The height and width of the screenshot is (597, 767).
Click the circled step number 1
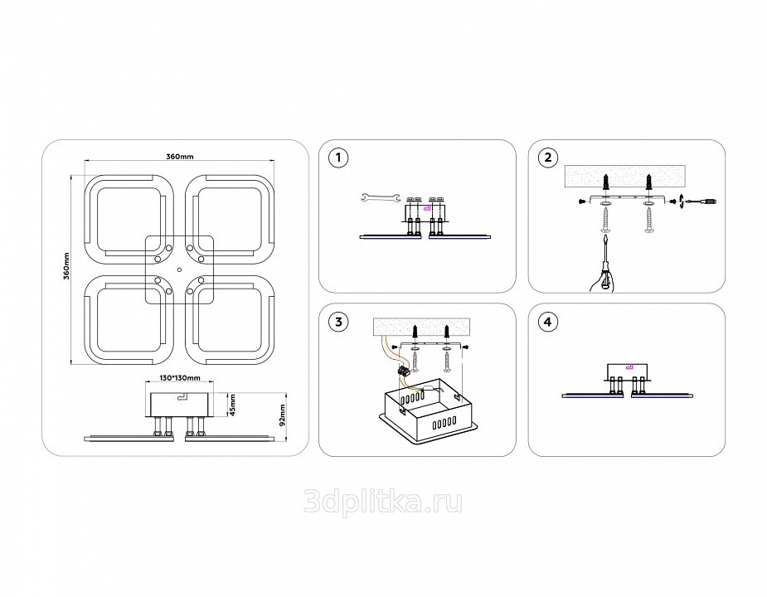(337, 158)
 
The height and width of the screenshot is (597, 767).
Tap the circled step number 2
(546, 158)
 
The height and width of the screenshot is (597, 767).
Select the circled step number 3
(337, 322)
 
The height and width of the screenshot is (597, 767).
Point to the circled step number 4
(546, 322)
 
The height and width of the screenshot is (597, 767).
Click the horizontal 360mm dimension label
(179, 157)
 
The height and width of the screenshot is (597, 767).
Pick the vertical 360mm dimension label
(66, 267)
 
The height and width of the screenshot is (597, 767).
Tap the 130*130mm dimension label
(179, 377)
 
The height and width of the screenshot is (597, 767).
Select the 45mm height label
(233, 405)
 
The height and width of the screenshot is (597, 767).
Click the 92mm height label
(282, 414)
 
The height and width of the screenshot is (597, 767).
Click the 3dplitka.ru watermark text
(383, 502)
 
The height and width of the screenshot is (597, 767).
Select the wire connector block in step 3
(407, 372)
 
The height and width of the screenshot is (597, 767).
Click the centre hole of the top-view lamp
(179, 269)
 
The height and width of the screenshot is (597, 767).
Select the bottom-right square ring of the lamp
(229, 319)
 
